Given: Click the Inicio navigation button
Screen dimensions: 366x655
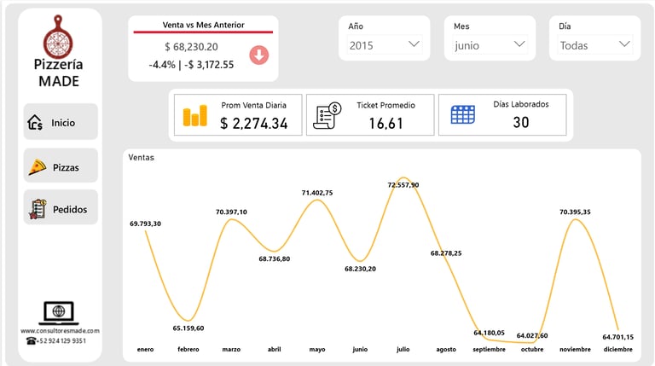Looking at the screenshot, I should point(60,122).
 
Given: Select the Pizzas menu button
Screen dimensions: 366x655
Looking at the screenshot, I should point(60,166).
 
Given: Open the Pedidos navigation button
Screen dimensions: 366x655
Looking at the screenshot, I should point(60,209).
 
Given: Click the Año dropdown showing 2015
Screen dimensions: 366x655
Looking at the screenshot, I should point(385,45).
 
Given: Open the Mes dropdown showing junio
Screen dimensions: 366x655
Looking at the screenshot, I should point(490,45).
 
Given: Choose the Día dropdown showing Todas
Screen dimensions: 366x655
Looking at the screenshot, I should point(594,45).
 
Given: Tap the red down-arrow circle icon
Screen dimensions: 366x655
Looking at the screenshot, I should point(259,55).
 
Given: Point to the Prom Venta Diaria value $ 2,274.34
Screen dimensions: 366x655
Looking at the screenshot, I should point(253,124).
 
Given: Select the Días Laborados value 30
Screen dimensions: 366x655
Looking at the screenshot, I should point(521,123).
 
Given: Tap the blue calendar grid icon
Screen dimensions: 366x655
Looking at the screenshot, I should point(463,115).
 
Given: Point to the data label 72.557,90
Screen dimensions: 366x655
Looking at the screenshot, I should point(403,184).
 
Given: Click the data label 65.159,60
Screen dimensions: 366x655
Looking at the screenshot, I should point(188,328).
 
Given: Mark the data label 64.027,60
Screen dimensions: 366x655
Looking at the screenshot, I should point(532,335).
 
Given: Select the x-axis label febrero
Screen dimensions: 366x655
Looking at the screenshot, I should point(188,350).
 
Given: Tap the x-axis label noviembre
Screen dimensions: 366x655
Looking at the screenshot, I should point(576,350).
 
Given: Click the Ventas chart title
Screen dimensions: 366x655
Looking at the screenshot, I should point(142,158).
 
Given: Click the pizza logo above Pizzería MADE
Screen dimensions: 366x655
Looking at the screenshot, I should point(59,35).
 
